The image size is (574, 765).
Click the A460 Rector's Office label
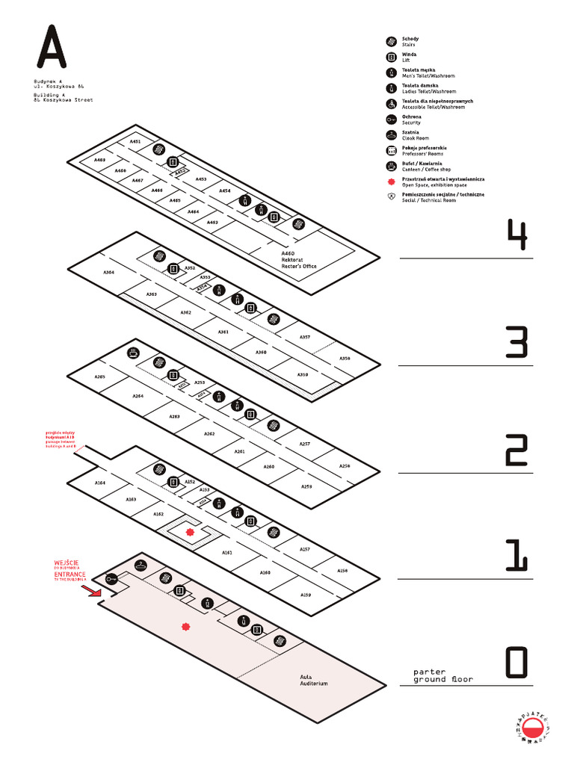pyautogui.click(x=298, y=260)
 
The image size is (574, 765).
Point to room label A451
pyautogui.click(x=135, y=141)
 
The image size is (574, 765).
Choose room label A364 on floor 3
pyautogui.click(x=109, y=273)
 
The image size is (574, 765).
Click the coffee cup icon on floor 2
pyautogui.click(x=133, y=352)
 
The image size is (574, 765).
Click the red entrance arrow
pyautogui.click(x=91, y=592)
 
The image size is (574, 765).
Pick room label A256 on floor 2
pyautogui.click(x=344, y=466)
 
